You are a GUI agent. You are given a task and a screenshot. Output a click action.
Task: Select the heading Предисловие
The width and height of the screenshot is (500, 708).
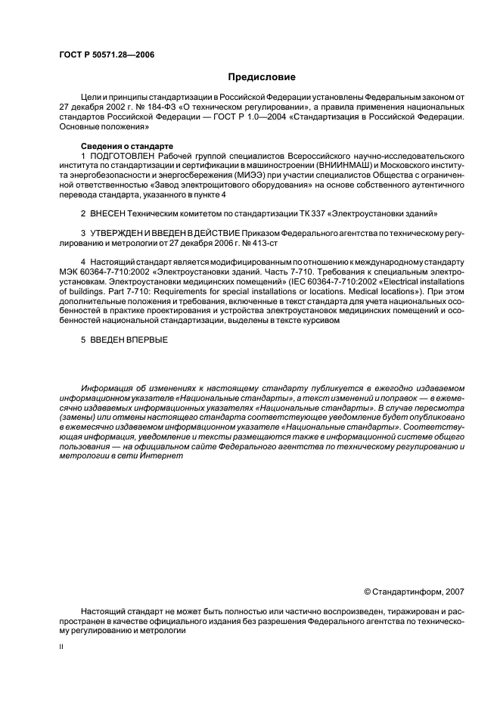click(262, 77)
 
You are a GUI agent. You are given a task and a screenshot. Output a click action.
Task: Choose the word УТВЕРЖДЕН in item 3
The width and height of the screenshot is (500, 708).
click(120, 236)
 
